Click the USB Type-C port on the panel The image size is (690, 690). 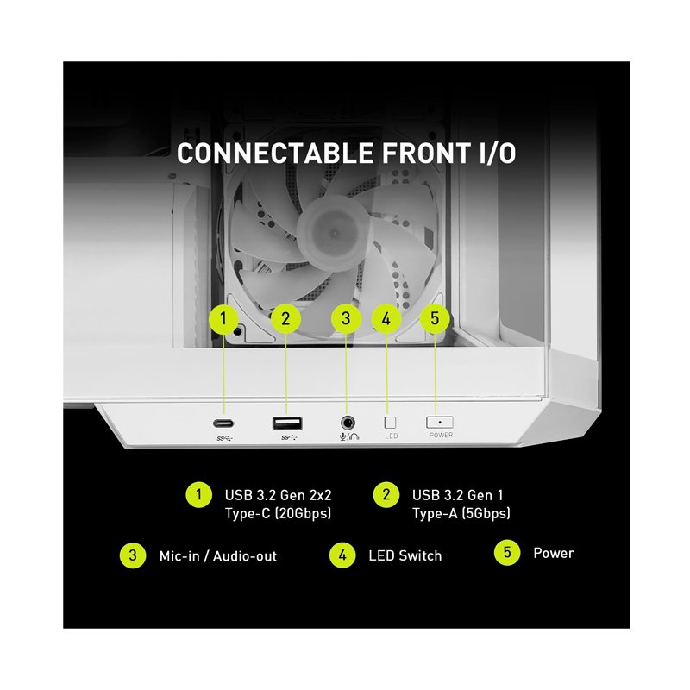223,423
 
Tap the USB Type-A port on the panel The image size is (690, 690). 287,423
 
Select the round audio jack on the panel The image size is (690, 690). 348,423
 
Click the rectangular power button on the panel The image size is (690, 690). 440,423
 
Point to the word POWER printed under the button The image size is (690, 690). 441,435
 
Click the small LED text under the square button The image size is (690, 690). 392,436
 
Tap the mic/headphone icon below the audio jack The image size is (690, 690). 349,436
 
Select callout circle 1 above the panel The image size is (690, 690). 223,318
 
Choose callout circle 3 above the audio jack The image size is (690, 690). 346,318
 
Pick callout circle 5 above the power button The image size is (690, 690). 435,318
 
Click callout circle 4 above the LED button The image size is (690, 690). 386,318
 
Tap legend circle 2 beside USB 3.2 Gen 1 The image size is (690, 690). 386,494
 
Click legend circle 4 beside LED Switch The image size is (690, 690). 342,555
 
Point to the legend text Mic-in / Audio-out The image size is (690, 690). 218,556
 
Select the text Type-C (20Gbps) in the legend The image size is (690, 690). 278,513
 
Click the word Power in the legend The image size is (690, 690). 554,553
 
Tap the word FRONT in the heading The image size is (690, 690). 425,154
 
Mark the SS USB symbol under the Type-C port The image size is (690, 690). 224,438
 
